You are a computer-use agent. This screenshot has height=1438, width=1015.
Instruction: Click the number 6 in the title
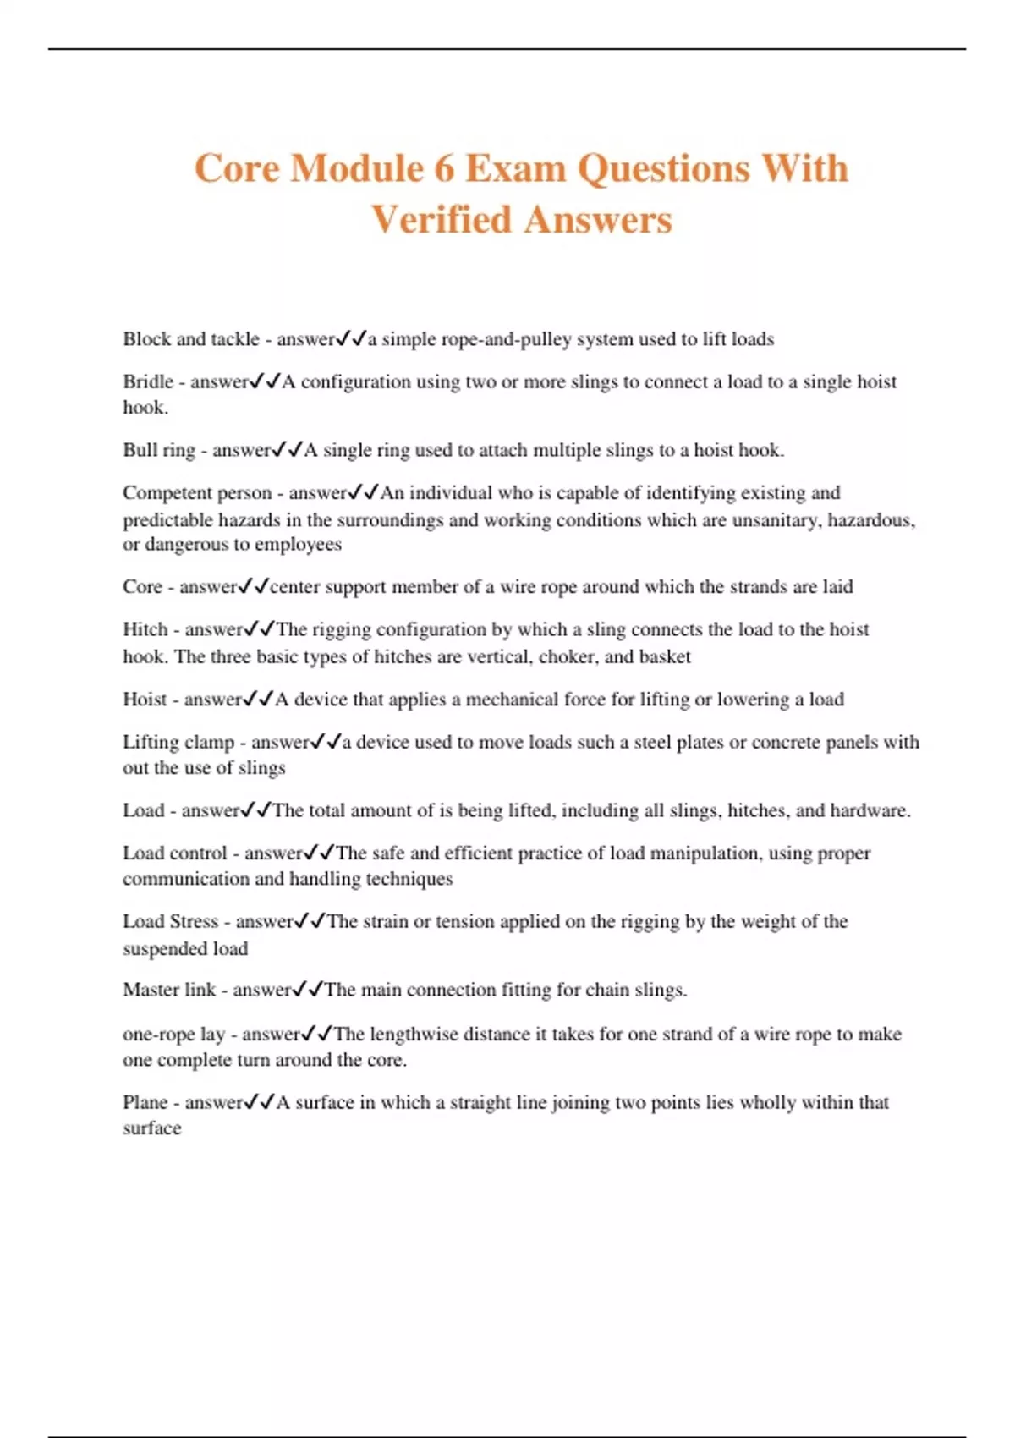[x=444, y=168]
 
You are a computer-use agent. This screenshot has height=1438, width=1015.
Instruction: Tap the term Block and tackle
[x=191, y=339]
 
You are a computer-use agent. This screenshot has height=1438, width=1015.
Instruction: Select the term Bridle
[x=148, y=381]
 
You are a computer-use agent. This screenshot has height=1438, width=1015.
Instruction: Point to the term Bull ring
[x=159, y=450]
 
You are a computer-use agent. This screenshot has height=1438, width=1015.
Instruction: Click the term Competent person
[x=197, y=493]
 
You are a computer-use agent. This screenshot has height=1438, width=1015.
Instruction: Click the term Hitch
[x=145, y=629]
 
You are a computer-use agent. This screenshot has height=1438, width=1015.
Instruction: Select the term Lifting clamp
[x=178, y=742]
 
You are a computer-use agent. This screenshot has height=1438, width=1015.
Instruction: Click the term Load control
[x=175, y=853]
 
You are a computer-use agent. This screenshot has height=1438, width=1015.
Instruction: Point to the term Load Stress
[x=170, y=921]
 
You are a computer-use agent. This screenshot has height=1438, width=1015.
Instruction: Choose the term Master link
[x=169, y=990]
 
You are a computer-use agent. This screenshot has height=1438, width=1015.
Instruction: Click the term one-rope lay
[x=173, y=1034]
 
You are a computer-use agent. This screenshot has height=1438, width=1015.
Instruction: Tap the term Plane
[x=145, y=1102]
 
